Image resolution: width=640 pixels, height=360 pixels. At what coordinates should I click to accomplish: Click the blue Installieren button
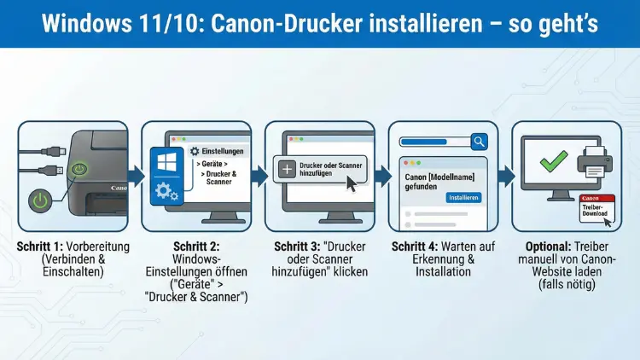pyautogui.click(x=463, y=197)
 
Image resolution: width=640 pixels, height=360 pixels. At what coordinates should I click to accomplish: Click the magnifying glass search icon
pyautogui.click(x=479, y=142)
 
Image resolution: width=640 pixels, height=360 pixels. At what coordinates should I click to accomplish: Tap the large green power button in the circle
pyautogui.click(x=41, y=202)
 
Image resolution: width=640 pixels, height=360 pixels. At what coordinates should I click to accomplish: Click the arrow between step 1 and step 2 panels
pyautogui.click(x=136, y=177)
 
